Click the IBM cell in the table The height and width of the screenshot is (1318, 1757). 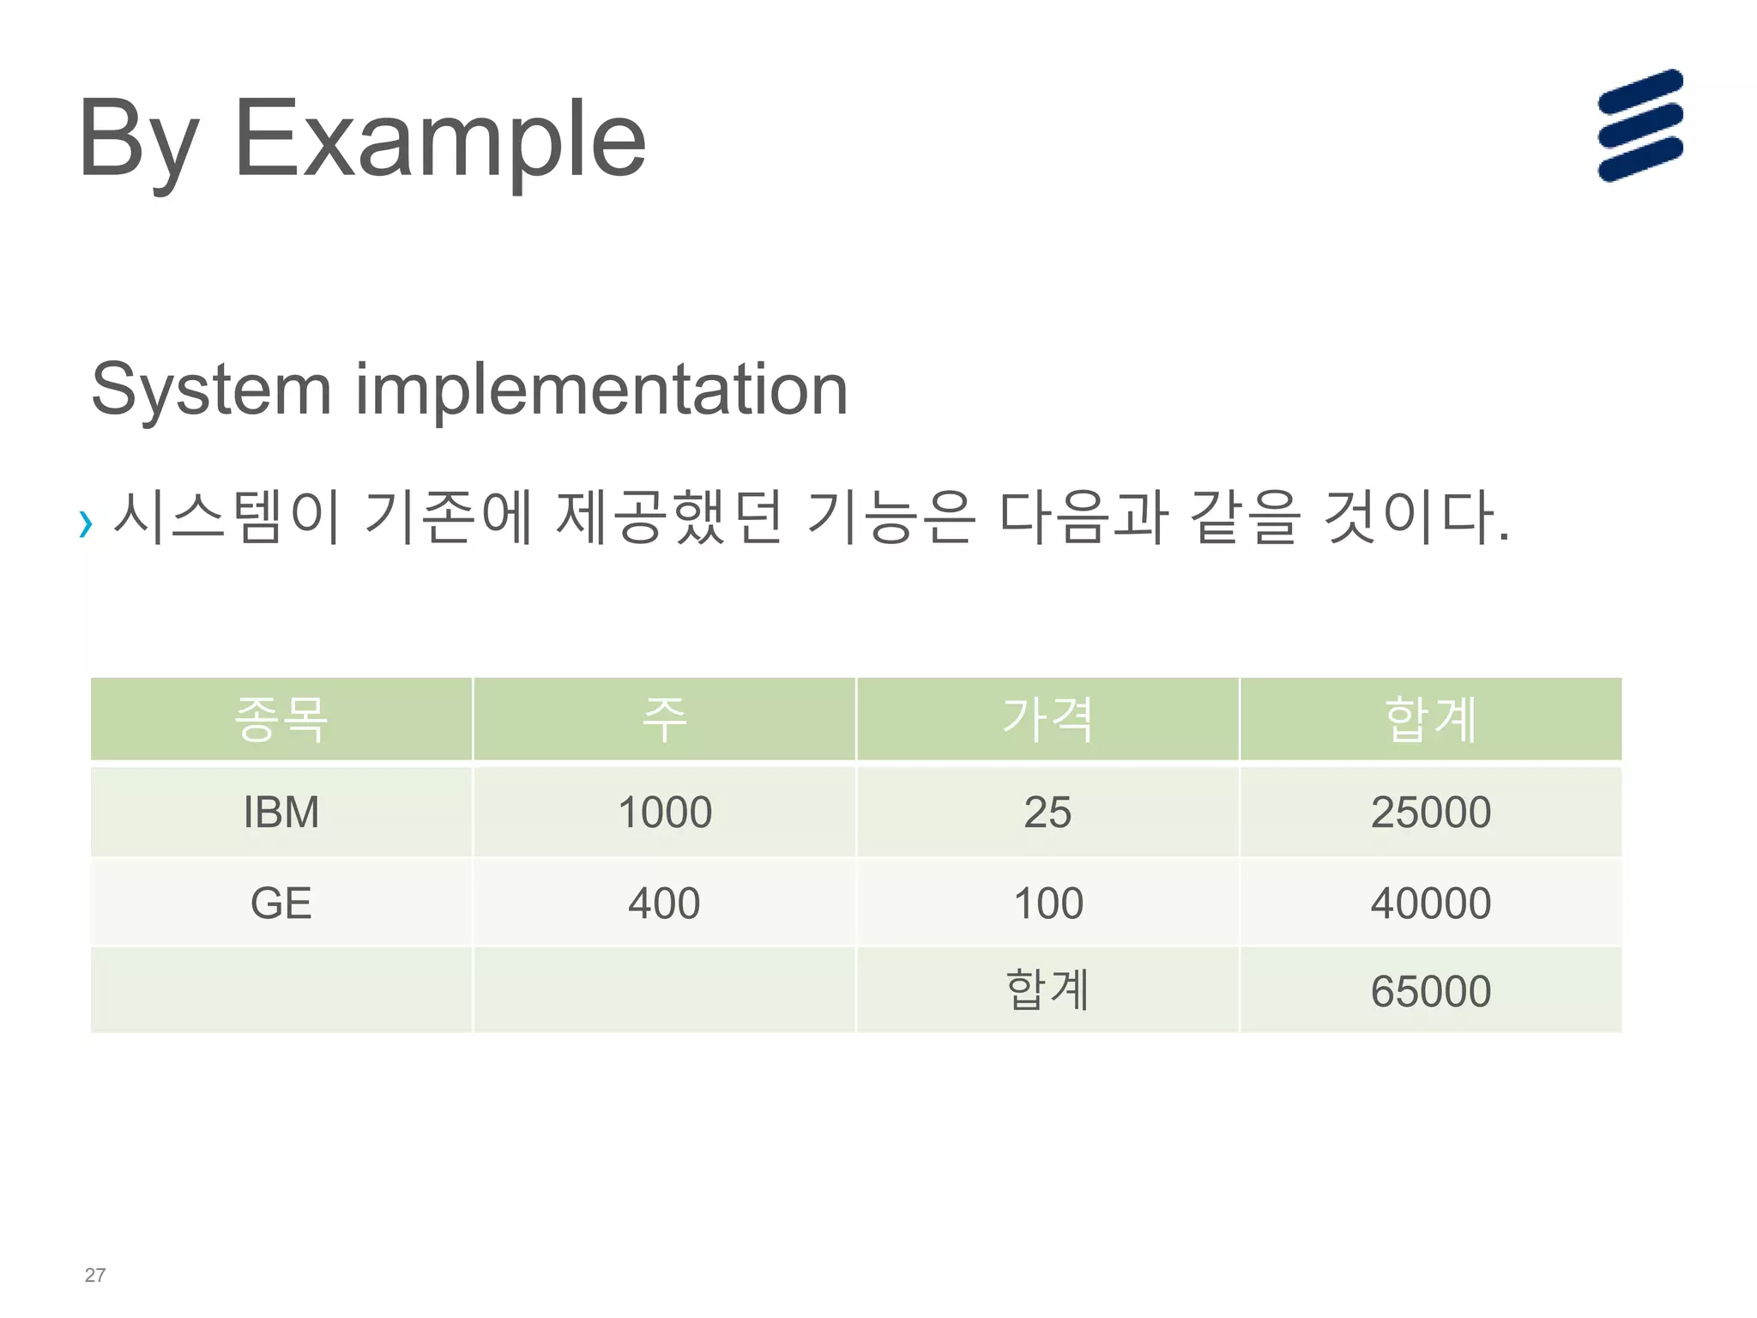pyautogui.click(x=281, y=812)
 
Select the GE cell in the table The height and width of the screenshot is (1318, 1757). pyautogui.click(x=281, y=903)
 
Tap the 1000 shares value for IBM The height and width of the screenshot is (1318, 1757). pyautogui.click(x=665, y=812)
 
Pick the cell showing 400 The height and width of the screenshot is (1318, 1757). pyautogui.click(x=664, y=903)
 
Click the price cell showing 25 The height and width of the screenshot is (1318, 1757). pyautogui.click(x=1048, y=812)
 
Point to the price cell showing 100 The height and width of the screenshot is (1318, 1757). pyautogui.click(x=1048, y=903)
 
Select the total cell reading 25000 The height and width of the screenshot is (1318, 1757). pyautogui.click(x=1431, y=812)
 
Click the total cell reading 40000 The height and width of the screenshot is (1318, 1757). pyautogui.click(x=1431, y=903)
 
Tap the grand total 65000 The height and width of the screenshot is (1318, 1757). pyautogui.click(x=1431, y=991)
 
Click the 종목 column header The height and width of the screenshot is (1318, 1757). pyautogui.click(x=281, y=719)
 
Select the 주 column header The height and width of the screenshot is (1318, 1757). pyautogui.click(x=665, y=719)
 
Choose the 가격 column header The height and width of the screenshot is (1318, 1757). pyautogui.click(x=1048, y=719)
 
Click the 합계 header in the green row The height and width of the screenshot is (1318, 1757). pyautogui.click(x=1431, y=719)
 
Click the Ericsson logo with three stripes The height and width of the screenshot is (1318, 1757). pyautogui.click(x=1640, y=125)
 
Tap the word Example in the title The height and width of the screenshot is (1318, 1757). pyautogui.click(x=439, y=139)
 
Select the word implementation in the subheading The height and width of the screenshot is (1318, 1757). pyautogui.click(x=601, y=390)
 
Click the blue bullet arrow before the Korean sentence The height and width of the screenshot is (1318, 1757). pyautogui.click(x=85, y=523)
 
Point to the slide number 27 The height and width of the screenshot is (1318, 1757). pyautogui.click(x=95, y=1275)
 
